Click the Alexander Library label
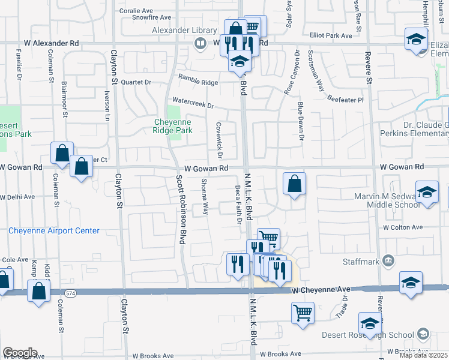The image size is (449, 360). pyautogui.click(x=178, y=29)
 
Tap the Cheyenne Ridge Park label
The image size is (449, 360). pyautogui.click(x=172, y=125)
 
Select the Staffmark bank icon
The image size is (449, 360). pyautogui.click(x=388, y=260)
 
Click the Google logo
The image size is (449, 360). pyautogui.click(x=20, y=353)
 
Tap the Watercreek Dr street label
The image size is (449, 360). pyautogui.click(x=193, y=103)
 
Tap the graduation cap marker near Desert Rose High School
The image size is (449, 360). pyautogui.click(x=370, y=323)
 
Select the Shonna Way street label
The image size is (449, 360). pyautogui.click(x=205, y=197)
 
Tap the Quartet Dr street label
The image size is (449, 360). pyautogui.click(x=135, y=82)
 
